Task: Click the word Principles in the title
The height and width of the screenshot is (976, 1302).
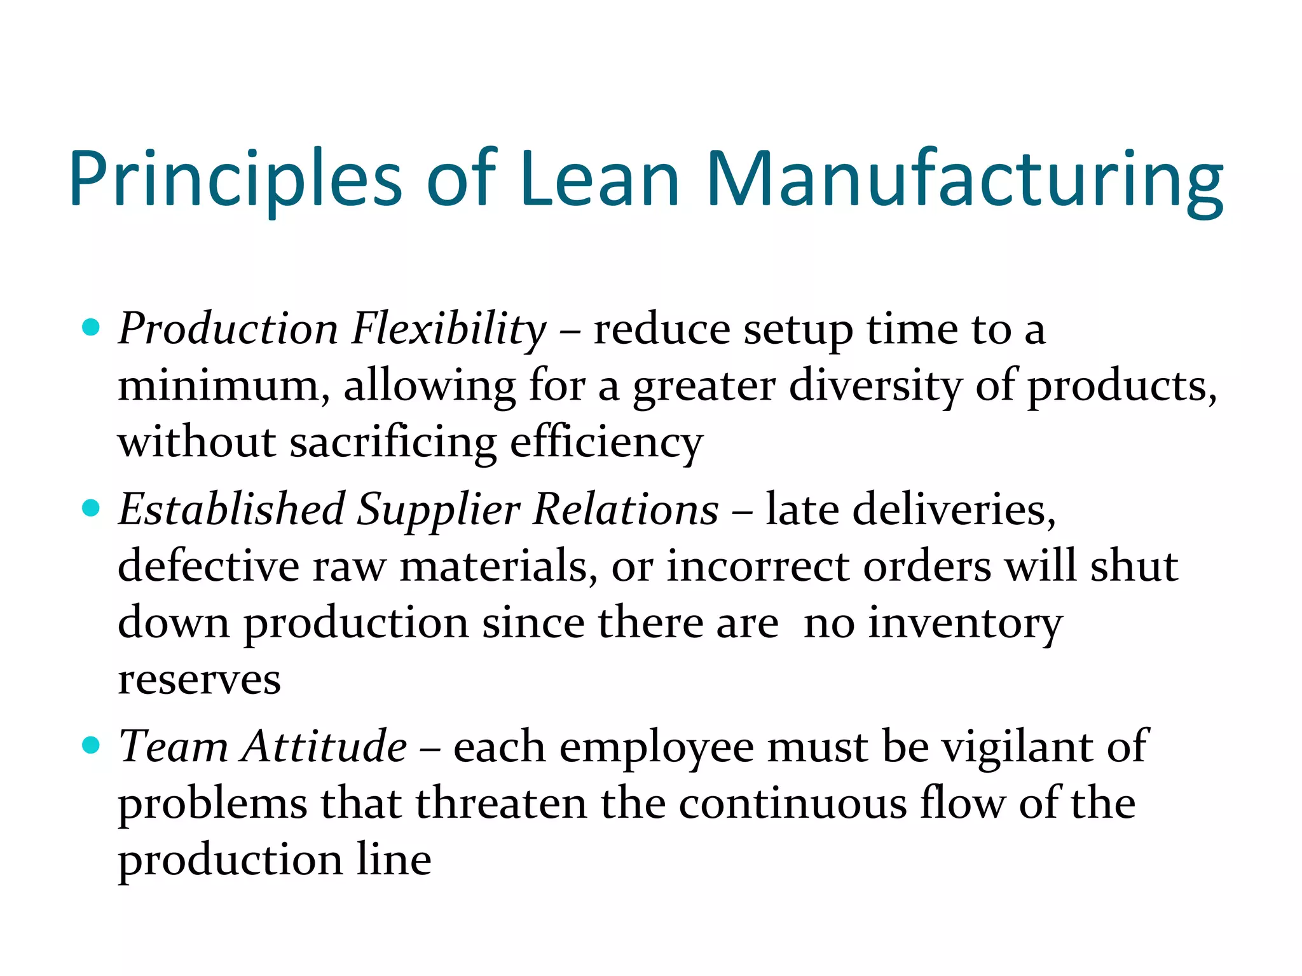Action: click(236, 179)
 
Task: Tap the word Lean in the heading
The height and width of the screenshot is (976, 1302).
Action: click(600, 179)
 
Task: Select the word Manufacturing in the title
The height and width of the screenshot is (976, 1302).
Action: click(964, 179)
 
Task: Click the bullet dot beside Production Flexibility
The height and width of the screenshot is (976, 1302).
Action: click(92, 328)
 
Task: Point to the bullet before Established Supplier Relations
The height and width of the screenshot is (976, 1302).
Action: click(92, 508)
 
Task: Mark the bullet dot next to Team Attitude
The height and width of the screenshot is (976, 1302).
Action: click(92, 745)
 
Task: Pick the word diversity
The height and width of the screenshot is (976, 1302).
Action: click(875, 386)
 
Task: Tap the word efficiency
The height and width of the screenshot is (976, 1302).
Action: click(606, 442)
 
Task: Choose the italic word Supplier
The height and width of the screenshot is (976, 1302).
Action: click(439, 510)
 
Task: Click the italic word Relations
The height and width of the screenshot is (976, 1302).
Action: click(626, 510)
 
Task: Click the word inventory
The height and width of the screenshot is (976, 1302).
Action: click(965, 623)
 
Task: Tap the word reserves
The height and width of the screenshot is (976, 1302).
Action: click(199, 680)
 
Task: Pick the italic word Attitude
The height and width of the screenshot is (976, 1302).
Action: click(324, 746)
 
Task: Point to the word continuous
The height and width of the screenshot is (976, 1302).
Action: click(793, 803)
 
